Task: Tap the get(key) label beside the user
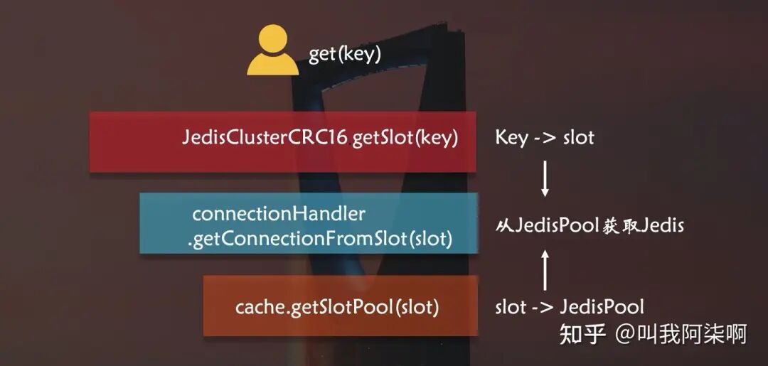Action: click(345, 54)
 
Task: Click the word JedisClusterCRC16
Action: click(265, 138)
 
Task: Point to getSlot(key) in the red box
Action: click(403, 138)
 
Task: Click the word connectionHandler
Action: click(279, 213)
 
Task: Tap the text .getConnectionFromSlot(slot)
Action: click(320, 239)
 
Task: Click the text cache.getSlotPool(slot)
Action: click(337, 307)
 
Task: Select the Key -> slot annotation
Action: click(544, 138)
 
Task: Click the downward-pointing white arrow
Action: click(545, 180)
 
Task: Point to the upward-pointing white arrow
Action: click(545, 269)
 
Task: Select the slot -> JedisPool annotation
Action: click(569, 307)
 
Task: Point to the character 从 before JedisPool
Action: click(503, 227)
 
